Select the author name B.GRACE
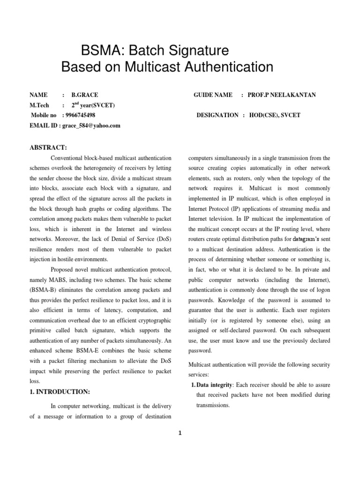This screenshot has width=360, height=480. pyautogui.click(x=85, y=95)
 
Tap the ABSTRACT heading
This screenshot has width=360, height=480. pyautogui.click(x=48, y=148)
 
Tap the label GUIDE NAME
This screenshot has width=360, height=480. pyautogui.click(x=213, y=95)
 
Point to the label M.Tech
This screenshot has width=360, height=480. pyautogui.click(x=39, y=105)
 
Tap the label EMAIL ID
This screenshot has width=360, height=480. pyautogui.click(x=44, y=125)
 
